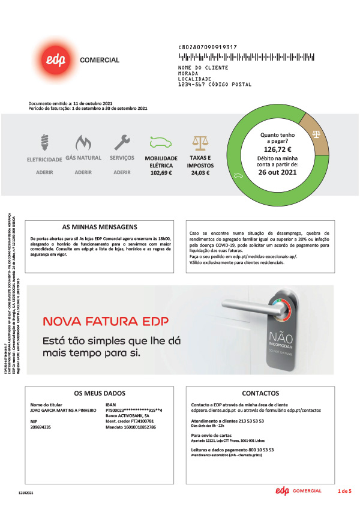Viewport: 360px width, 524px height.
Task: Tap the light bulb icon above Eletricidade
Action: coord(44,143)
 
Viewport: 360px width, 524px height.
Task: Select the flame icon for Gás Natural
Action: coord(83,143)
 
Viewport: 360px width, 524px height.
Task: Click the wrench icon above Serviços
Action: coord(122,142)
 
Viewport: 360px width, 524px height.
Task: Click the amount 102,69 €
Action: coord(161,173)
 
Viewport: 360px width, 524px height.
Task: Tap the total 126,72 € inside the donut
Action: coord(277,149)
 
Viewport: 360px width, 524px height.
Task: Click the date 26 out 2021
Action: coord(277,172)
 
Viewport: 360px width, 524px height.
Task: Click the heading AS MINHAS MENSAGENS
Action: coord(100,227)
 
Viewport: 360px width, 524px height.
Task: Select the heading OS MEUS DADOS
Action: coord(100,394)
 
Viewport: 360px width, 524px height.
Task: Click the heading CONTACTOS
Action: coord(261,394)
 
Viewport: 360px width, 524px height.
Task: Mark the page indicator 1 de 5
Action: coord(344,492)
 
